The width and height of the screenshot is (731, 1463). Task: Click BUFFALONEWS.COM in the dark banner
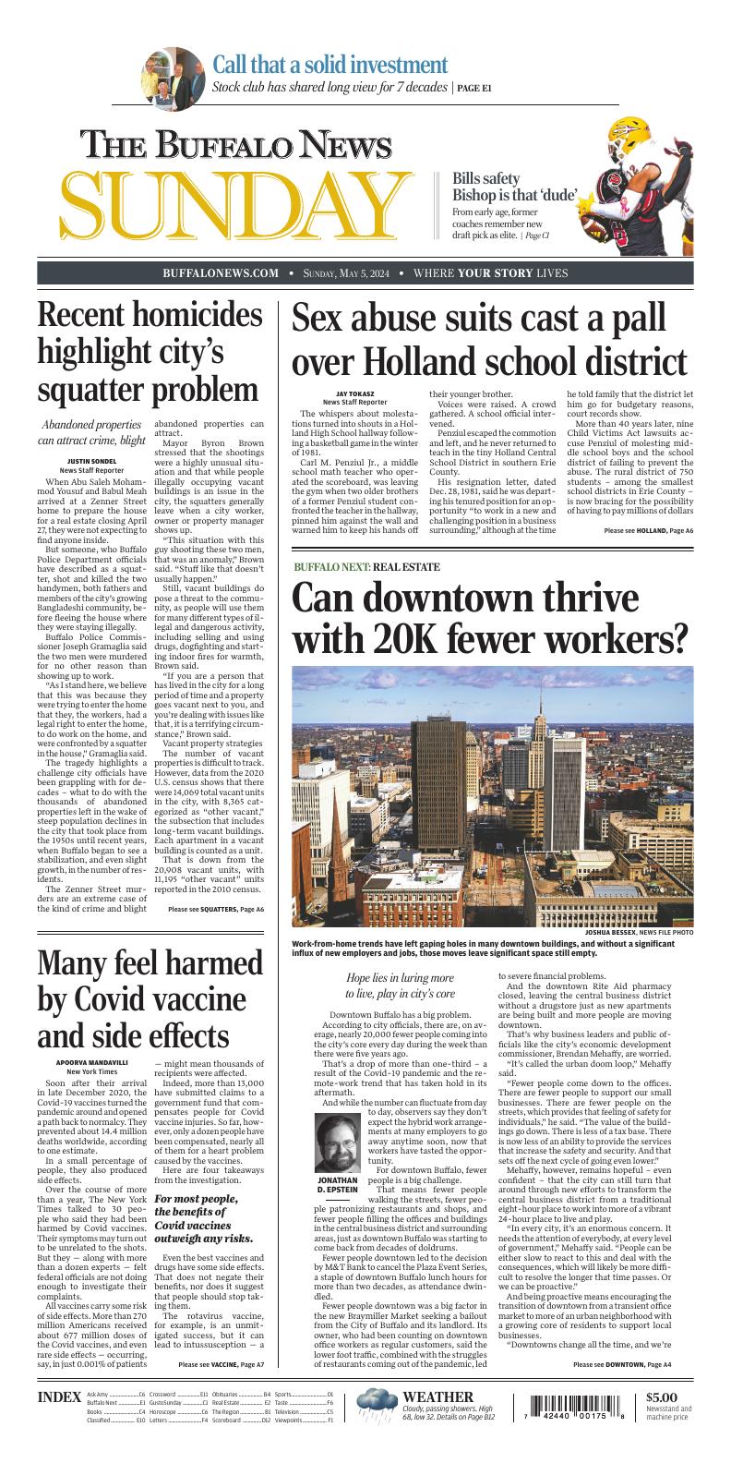(221, 273)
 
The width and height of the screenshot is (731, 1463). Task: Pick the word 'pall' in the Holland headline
(636, 319)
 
